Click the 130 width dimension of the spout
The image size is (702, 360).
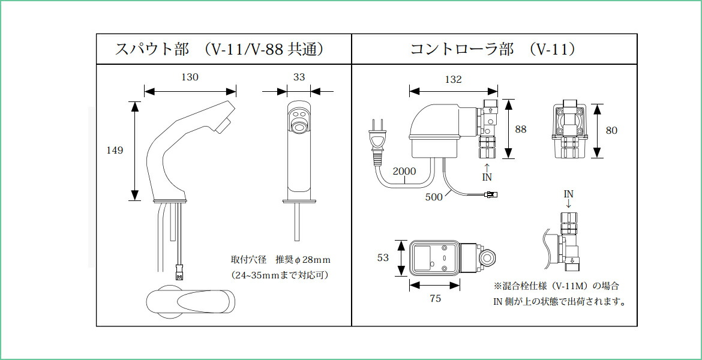[x=190, y=77]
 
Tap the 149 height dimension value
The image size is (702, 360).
[x=114, y=150]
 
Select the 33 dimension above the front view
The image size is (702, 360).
[x=299, y=77]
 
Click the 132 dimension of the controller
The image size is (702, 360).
[x=453, y=79]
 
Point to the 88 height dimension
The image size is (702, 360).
[x=520, y=129]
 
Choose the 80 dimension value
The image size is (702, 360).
[x=611, y=130]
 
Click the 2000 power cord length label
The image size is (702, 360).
[x=404, y=171]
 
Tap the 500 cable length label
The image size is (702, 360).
[x=434, y=196]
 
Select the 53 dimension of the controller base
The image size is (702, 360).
[x=383, y=257]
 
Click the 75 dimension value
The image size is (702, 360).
[x=436, y=298]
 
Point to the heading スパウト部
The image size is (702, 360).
[x=152, y=49]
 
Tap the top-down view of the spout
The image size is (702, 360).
[x=191, y=300]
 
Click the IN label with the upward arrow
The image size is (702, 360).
[x=487, y=176]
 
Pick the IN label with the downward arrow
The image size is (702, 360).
[x=568, y=194]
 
